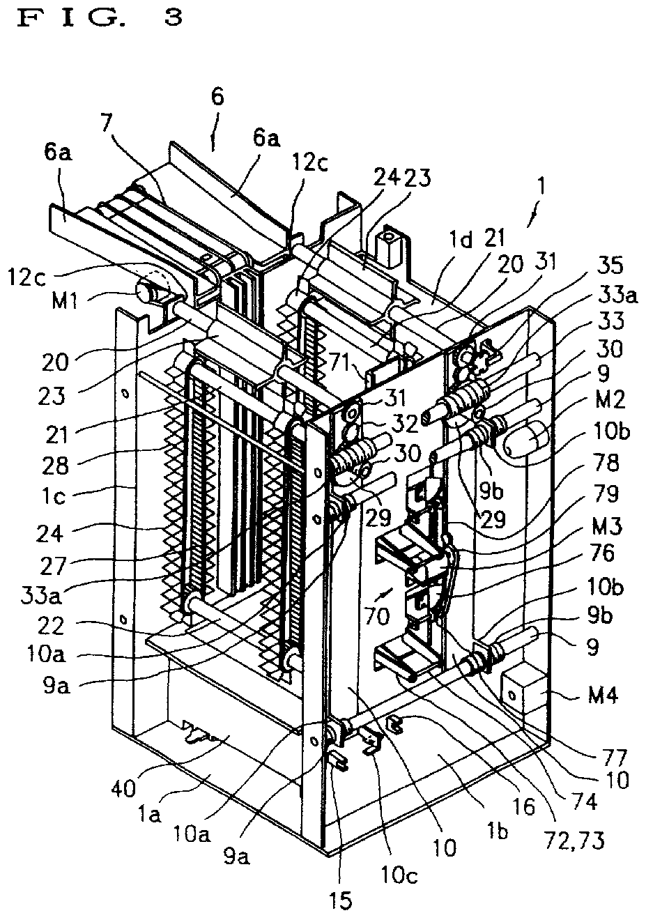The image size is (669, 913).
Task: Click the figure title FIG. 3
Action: point(100,19)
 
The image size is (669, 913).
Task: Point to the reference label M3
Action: point(608,527)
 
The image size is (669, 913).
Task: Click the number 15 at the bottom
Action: point(341,902)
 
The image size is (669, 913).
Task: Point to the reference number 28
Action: point(56,466)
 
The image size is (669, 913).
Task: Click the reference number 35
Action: point(610,265)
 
